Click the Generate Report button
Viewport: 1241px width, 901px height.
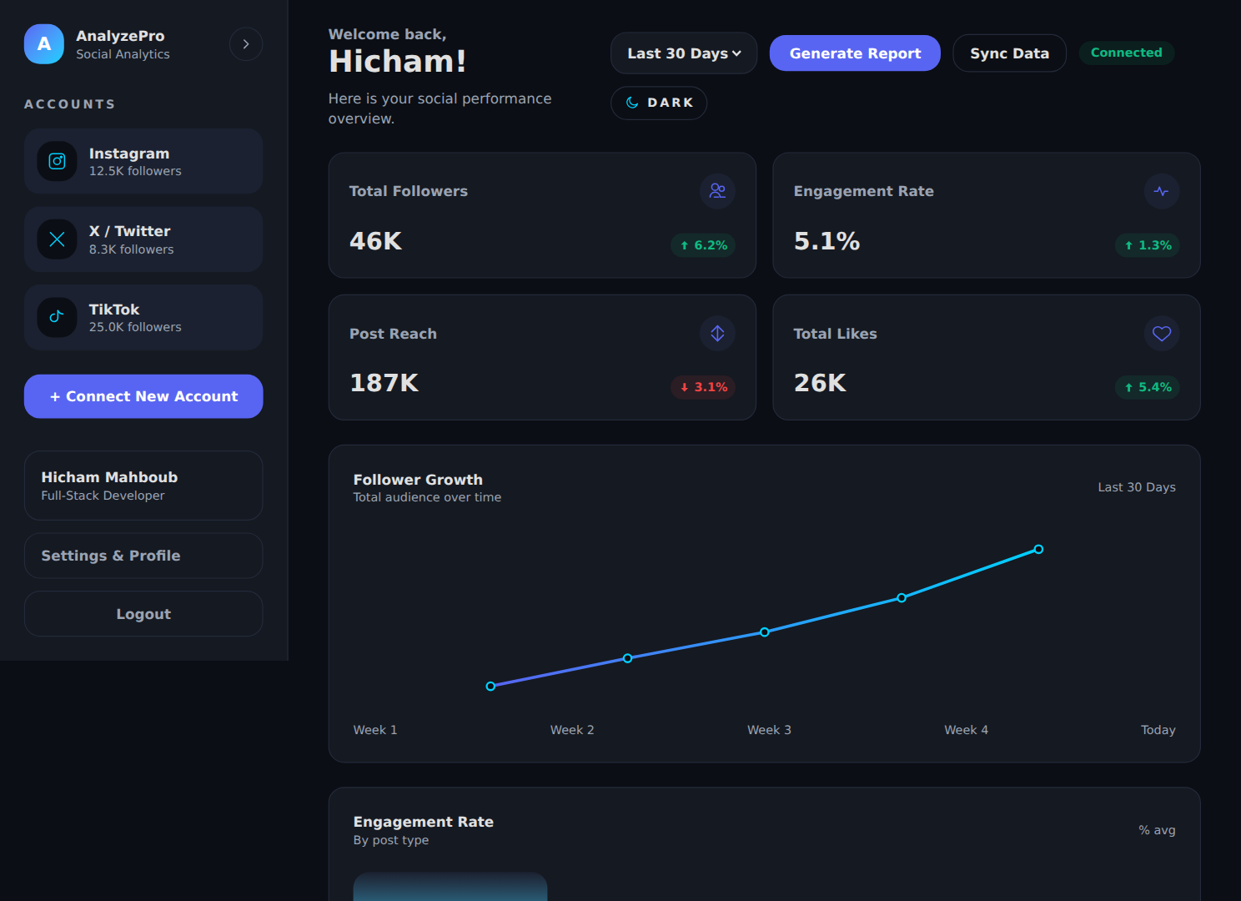(x=855, y=53)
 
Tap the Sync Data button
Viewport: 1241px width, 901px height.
(x=1009, y=53)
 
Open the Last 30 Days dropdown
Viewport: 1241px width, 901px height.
(x=684, y=53)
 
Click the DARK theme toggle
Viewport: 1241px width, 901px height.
(x=659, y=103)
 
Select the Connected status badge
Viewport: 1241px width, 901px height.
(x=1126, y=53)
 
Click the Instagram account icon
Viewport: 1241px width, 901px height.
(x=57, y=161)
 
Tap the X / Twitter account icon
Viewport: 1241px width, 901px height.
(x=57, y=239)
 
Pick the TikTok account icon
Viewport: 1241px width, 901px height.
(x=57, y=318)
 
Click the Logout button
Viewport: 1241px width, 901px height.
(x=143, y=614)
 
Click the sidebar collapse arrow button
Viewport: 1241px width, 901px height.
(x=246, y=44)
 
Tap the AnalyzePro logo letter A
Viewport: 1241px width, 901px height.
(x=44, y=43)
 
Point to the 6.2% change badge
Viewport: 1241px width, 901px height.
(x=703, y=245)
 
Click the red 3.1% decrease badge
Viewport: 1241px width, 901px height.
(x=703, y=387)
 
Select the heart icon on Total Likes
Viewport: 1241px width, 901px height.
(x=1162, y=334)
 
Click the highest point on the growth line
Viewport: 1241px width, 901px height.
(x=1039, y=550)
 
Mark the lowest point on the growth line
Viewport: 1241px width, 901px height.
(x=490, y=687)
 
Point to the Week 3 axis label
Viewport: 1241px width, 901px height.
(x=769, y=730)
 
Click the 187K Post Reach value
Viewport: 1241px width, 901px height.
(x=384, y=383)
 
